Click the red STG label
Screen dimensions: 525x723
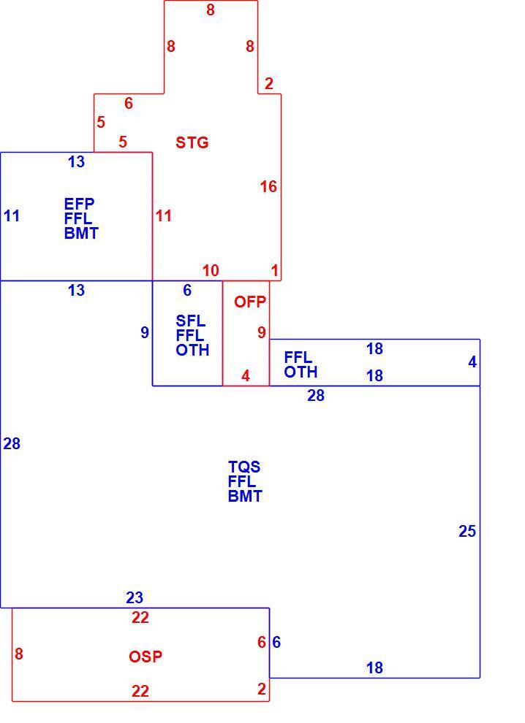[192, 142]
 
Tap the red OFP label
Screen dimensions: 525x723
[250, 302]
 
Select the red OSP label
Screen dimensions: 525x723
[146, 656]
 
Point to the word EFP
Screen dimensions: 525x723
[80, 203]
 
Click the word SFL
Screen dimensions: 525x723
[191, 321]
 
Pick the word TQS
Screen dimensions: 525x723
[244, 467]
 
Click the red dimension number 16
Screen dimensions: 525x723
[268, 186]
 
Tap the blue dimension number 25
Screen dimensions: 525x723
[467, 531]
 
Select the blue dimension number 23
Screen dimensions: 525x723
[135, 597]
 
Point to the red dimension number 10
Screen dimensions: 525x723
[211, 270]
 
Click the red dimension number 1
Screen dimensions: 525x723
[275, 270]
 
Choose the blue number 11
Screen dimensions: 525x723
[12, 215]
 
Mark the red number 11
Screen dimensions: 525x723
[164, 215]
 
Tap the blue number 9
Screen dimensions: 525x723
[145, 332]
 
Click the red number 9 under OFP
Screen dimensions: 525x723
[262, 332]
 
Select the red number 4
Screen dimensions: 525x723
[246, 376]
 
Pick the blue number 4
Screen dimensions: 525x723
[472, 362]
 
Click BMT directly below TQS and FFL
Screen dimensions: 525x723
[245, 496]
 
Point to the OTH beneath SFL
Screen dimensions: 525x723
[192, 350]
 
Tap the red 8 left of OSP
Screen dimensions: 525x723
[18, 654]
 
